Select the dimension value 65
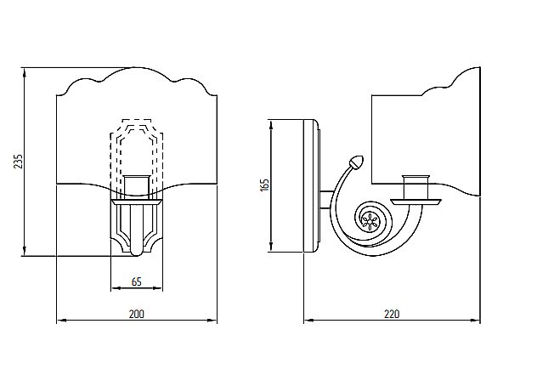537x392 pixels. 136,281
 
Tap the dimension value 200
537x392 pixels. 136,314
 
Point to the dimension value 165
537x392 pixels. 264,185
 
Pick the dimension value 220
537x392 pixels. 392,314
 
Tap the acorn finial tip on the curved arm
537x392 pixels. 355,161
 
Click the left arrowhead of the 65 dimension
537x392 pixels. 114,289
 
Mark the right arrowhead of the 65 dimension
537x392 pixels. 160,289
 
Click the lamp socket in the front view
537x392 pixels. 137,186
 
